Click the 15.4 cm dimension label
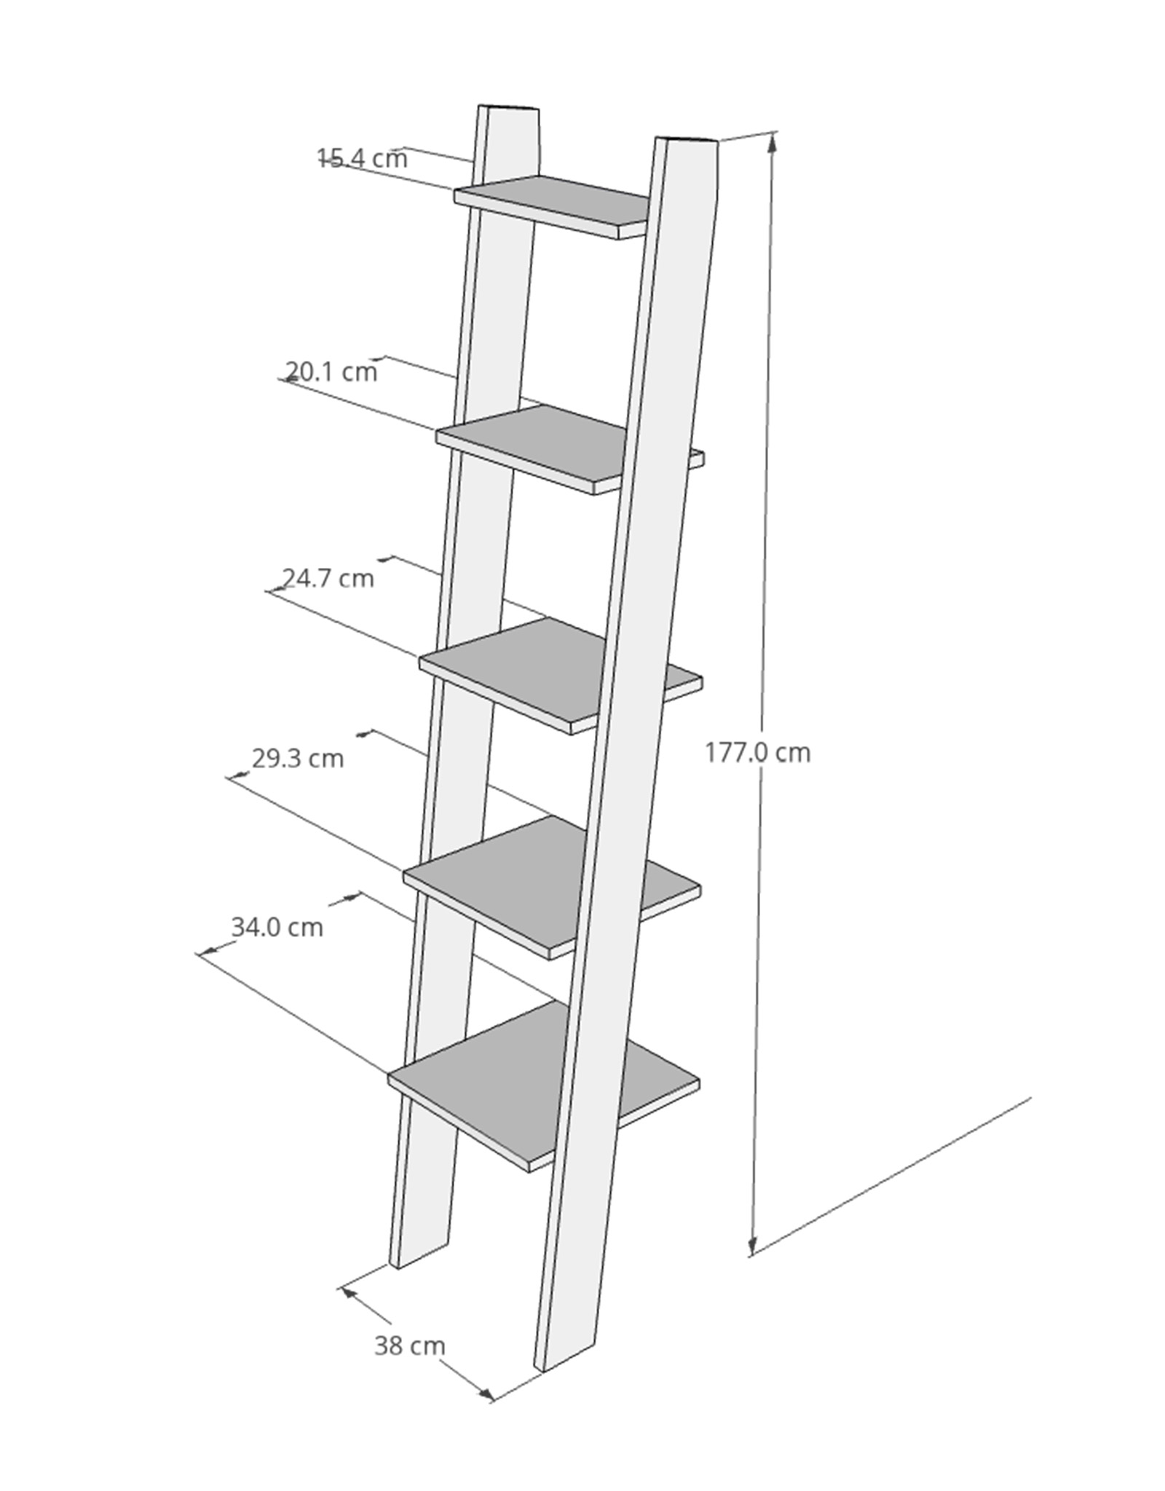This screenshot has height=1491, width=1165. point(363,158)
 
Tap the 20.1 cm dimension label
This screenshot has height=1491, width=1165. point(331,372)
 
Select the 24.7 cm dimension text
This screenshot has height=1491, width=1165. point(328,578)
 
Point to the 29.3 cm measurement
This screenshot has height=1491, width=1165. point(298,759)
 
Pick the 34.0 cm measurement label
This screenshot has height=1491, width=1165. point(277,928)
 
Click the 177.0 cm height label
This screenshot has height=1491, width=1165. point(757,752)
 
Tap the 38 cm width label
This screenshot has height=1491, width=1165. point(409,1346)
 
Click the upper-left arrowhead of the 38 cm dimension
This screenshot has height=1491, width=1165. point(349,1293)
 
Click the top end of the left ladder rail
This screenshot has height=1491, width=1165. point(509,109)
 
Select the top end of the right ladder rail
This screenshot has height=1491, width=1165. point(686,141)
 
